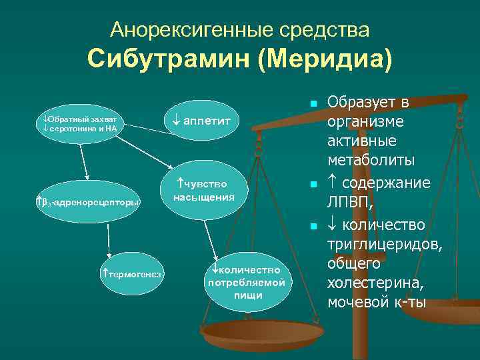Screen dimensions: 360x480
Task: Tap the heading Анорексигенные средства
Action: (239, 29)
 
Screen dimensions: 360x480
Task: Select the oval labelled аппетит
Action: (204, 121)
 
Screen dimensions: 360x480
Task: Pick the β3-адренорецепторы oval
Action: (87, 202)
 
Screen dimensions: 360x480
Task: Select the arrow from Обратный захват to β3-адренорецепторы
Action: (85, 162)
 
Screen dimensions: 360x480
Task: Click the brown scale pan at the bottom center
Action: (253, 333)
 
